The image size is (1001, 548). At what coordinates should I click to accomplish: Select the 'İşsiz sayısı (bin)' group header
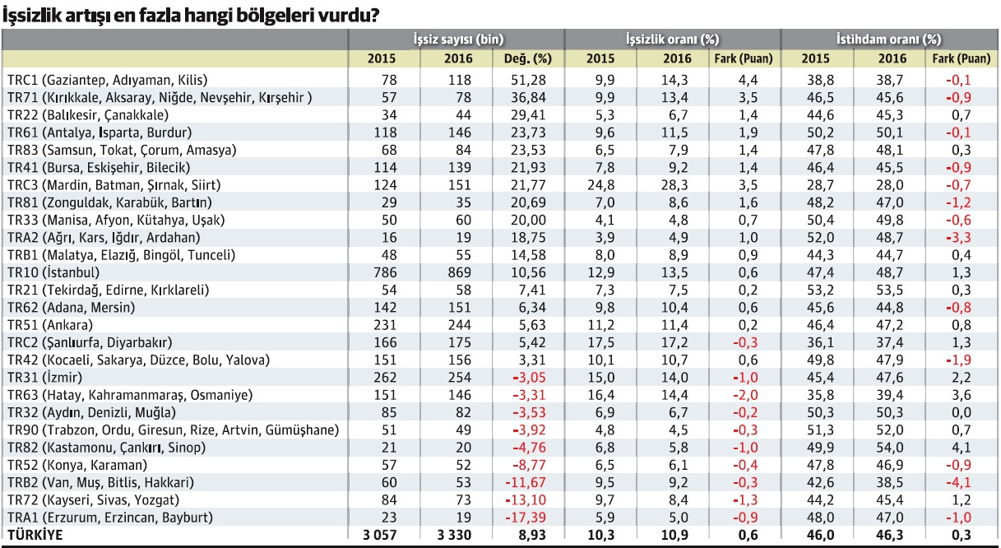(x=458, y=39)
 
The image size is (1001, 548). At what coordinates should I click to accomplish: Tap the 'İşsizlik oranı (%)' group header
(x=673, y=39)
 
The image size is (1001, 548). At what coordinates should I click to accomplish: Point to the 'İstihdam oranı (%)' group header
(x=889, y=39)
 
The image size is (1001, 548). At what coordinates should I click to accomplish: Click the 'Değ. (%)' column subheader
(x=526, y=58)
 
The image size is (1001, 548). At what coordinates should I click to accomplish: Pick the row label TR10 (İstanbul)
(x=53, y=272)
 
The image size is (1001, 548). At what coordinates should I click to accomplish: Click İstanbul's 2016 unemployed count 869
(x=457, y=272)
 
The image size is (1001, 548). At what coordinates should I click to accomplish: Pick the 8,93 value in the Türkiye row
(x=531, y=535)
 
